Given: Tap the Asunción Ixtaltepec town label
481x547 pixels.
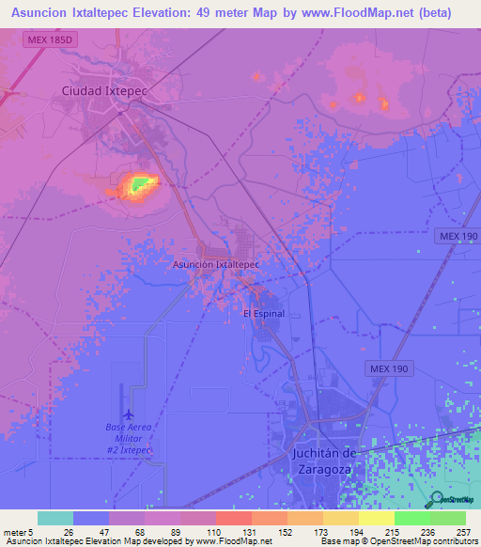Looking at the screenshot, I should tap(216, 265).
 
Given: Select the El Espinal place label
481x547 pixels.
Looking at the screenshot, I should tap(264, 313).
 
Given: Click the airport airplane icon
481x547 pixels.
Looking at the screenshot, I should tap(128, 414).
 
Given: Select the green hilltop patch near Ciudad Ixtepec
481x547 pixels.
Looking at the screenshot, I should tap(140, 184).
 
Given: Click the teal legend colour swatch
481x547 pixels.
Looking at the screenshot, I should tap(54, 518).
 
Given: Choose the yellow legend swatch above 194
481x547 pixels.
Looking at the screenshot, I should tap(340, 518).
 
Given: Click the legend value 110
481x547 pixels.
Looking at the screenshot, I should tap(216, 533).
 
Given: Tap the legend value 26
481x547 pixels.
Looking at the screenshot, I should tap(69, 533).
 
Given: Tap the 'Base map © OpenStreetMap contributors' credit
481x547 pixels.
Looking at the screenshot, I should tap(400, 541).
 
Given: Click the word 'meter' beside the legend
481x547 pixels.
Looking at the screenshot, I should tap(15, 533).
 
